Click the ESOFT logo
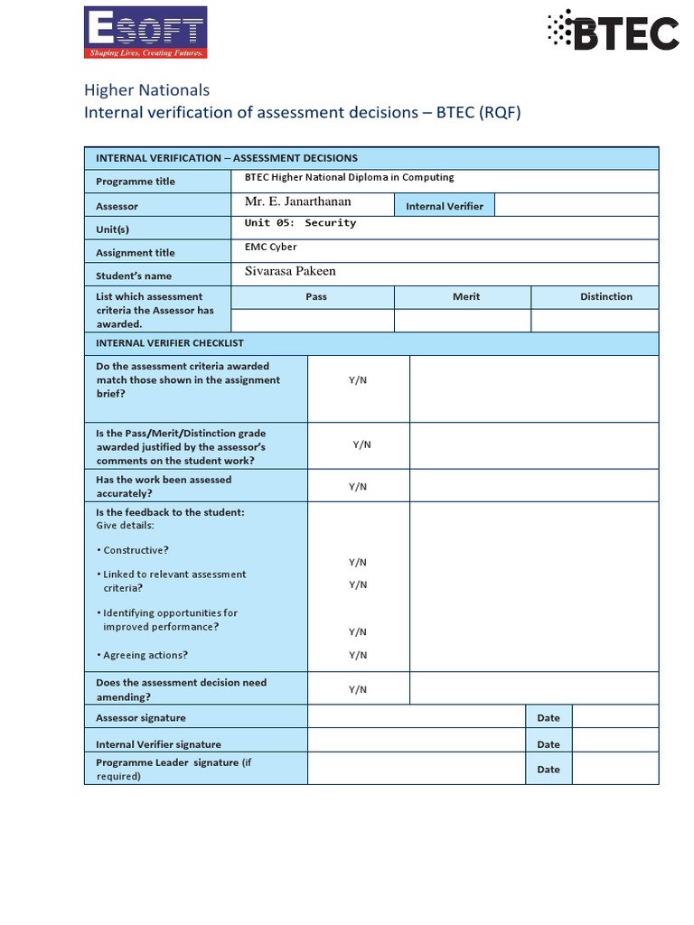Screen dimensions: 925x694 (x=145, y=33)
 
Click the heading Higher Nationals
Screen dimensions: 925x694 (x=146, y=89)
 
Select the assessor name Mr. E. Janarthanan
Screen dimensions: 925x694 (x=297, y=201)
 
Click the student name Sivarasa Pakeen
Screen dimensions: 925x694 (x=290, y=271)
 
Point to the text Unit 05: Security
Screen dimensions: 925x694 (x=300, y=223)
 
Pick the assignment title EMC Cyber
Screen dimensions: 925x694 (x=270, y=247)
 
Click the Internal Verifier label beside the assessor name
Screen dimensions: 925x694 (x=444, y=206)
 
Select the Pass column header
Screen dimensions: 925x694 (x=316, y=296)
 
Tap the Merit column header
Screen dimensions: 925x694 (x=466, y=296)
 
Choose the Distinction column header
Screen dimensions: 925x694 (x=605, y=296)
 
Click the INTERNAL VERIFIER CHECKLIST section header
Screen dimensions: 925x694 (x=169, y=343)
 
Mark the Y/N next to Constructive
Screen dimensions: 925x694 (x=358, y=562)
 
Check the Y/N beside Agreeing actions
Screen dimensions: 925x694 (x=358, y=655)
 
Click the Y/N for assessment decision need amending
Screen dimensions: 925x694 (x=358, y=689)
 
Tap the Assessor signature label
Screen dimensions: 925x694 (x=141, y=718)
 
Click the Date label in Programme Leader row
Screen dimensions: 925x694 (x=549, y=770)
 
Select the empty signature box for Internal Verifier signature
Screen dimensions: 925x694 (x=417, y=743)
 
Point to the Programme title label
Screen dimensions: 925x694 (x=136, y=182)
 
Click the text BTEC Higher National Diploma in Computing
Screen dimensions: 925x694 (x=349, y=177)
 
